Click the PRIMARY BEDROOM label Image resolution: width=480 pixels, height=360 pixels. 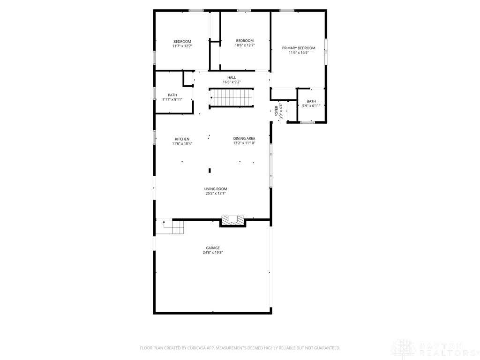pos(299,48)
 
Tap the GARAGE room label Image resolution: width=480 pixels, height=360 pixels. pos(213,248)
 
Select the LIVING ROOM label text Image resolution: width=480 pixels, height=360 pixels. pos(216,189)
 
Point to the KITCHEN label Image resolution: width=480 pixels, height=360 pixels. pos(182,139)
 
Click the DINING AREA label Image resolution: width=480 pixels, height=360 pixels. pos(244,139)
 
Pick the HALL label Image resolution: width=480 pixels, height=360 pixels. pos(232,78)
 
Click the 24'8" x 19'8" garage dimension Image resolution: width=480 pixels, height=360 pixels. pos(213,253)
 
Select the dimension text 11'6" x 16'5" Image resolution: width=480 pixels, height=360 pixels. pos(299,52)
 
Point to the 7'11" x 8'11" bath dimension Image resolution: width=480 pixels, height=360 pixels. pos(172,99)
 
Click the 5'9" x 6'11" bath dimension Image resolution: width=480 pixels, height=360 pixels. pos(311,106)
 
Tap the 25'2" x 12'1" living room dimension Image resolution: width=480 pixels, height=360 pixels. pos(216,194)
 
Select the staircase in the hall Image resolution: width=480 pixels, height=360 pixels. pos(232,97)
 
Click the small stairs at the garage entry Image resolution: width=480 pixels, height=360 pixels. pos(170,227)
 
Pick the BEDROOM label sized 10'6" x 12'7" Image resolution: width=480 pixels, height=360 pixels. pos(245,41)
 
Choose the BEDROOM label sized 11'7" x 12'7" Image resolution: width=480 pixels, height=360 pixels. pos(182,42)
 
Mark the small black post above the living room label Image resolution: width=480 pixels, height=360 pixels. pos(210,171)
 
